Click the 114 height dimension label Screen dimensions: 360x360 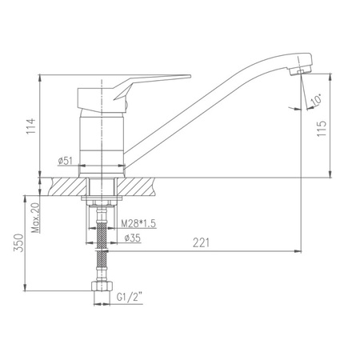(x=31, y=126)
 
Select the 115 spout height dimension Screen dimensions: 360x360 (x=322, y=129)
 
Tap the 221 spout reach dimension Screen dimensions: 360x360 (x=202, y=242)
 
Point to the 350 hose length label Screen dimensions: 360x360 (x=18, y=243)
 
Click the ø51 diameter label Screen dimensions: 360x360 (x=65, y=161)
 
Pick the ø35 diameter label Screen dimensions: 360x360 (x=133, y=238)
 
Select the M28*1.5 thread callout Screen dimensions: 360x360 (x=138, y=223)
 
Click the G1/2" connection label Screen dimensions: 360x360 (x=130, y=297)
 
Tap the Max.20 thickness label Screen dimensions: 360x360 (x=35, y=218)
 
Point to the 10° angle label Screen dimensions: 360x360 (x=317, y=100)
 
